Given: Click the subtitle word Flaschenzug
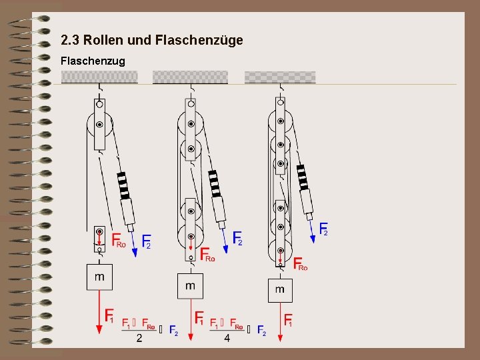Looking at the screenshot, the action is pos(93,61).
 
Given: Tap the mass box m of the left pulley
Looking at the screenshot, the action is pos(99,277).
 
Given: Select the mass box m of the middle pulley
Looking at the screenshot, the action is pos(191,286).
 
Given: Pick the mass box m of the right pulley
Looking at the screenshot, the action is pos(280,289).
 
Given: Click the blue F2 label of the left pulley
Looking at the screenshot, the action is pos(146,242).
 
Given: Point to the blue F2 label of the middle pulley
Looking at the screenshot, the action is pos(238,239).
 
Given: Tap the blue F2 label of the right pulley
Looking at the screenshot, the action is pos(324,229).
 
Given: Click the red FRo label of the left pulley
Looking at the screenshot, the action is pos(118,241).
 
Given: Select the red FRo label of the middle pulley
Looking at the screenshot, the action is pos(207,255).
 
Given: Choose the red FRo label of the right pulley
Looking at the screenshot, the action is pos(300,265).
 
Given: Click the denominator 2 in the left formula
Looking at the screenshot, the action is pos(139,339).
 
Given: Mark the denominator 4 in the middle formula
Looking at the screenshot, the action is pos(227,339).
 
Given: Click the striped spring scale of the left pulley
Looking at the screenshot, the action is pos(123,185).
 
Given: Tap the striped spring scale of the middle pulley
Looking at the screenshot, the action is pos(214,183).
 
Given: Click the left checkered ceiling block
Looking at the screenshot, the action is pos(99,77).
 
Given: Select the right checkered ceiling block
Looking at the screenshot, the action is pos(280,77).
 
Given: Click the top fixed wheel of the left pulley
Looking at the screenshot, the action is pos(99,124).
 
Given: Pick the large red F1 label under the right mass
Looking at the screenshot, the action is pos(289,320).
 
